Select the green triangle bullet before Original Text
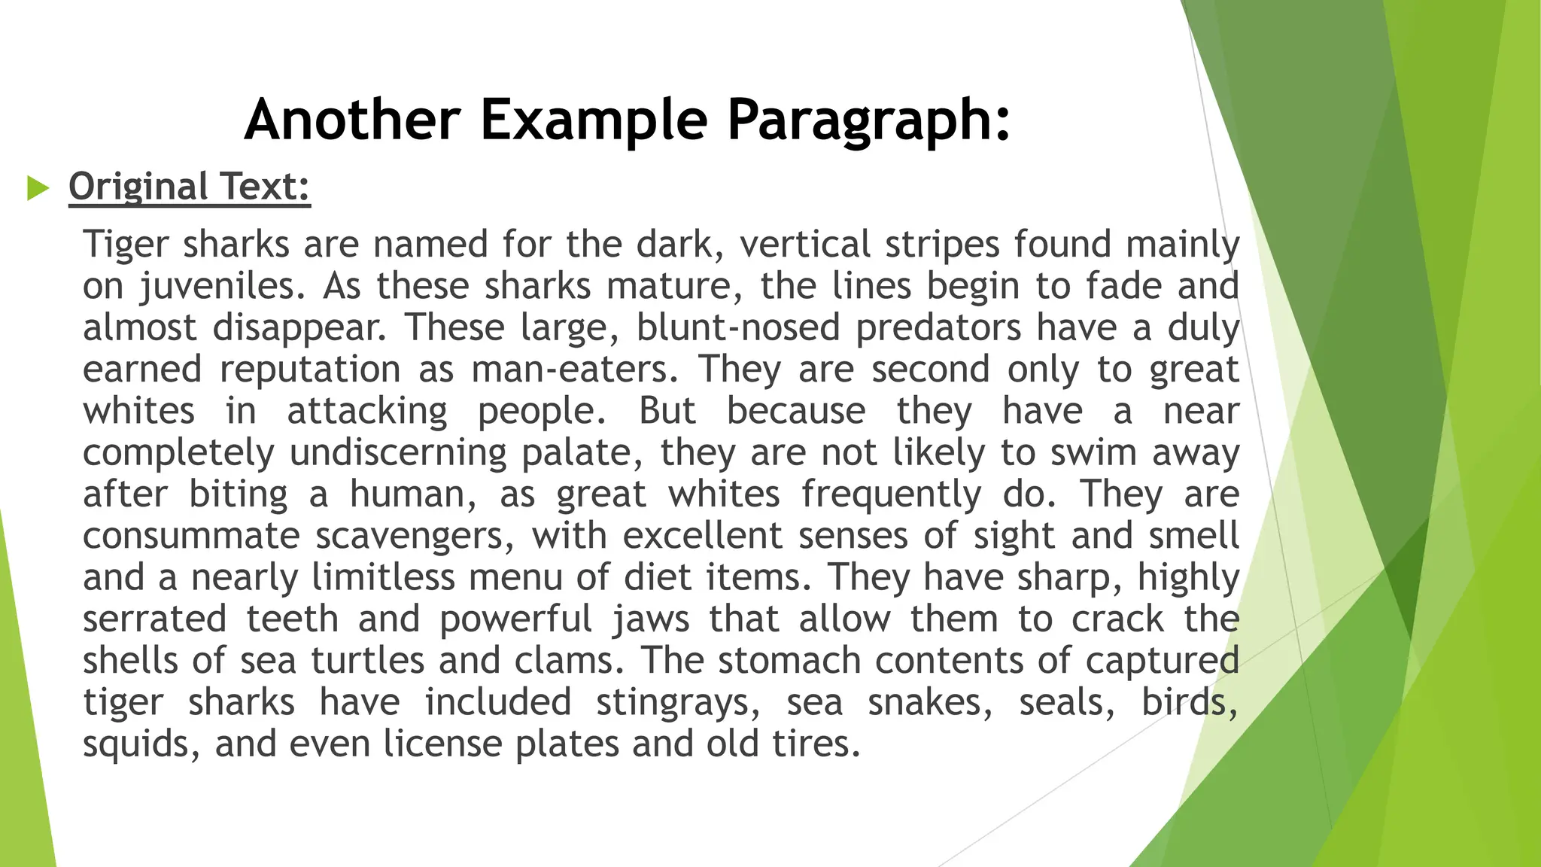pyautogui.click(x=37, y=187)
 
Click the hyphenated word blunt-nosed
pyautogui.click(x=737, y=328)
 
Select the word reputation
pyautogui.click(x=310, y=370)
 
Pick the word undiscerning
pyautogui.click(x=397, y=452)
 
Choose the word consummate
pyautogui.click(x=191, y=536)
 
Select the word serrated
pyautogui.click(x=154, y=619)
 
